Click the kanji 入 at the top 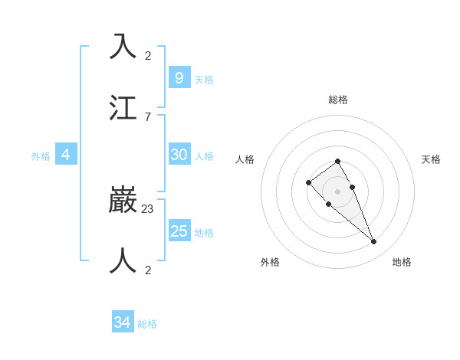coord(123,47)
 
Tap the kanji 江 coord(123,108)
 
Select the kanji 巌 coord(123,200)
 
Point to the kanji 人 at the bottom coord(123,261)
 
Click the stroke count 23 coord(148,208)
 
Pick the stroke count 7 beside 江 coord(148,116)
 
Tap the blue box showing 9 coord(179,78)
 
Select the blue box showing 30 coord(179,155)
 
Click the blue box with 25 coord(179,231)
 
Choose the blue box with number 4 coord(66,155)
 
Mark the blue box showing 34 coord(122,322)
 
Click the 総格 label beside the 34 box coord(147,324)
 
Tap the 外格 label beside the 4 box coord(41,156)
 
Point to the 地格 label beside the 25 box coord(204,233)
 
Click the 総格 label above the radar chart coord(338,100)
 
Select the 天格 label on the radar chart coord(431,159)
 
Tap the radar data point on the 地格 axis coord(374,242)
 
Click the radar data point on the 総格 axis coord(338,161)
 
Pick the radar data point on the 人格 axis coord(308,182)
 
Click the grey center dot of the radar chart coord(338,191)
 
